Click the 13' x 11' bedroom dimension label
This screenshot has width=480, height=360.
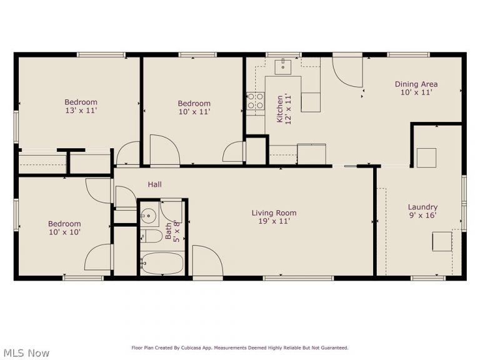tap(81, 111)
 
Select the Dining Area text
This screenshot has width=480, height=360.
tap(416, 84)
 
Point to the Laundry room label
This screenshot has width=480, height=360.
tap(422, 207)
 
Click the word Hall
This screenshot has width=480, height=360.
tap(154, 184)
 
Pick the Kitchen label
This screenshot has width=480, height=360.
tap(279, 107)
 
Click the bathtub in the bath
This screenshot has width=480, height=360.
tap(162, 264)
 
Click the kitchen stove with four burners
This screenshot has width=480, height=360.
tap(255, 101)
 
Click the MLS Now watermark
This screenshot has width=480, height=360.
tap(25, 353)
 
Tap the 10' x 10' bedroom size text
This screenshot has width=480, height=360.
tap(64, 232)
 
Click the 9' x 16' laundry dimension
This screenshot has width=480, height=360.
tap(422, 216)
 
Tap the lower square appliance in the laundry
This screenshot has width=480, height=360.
tap(442, 241)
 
